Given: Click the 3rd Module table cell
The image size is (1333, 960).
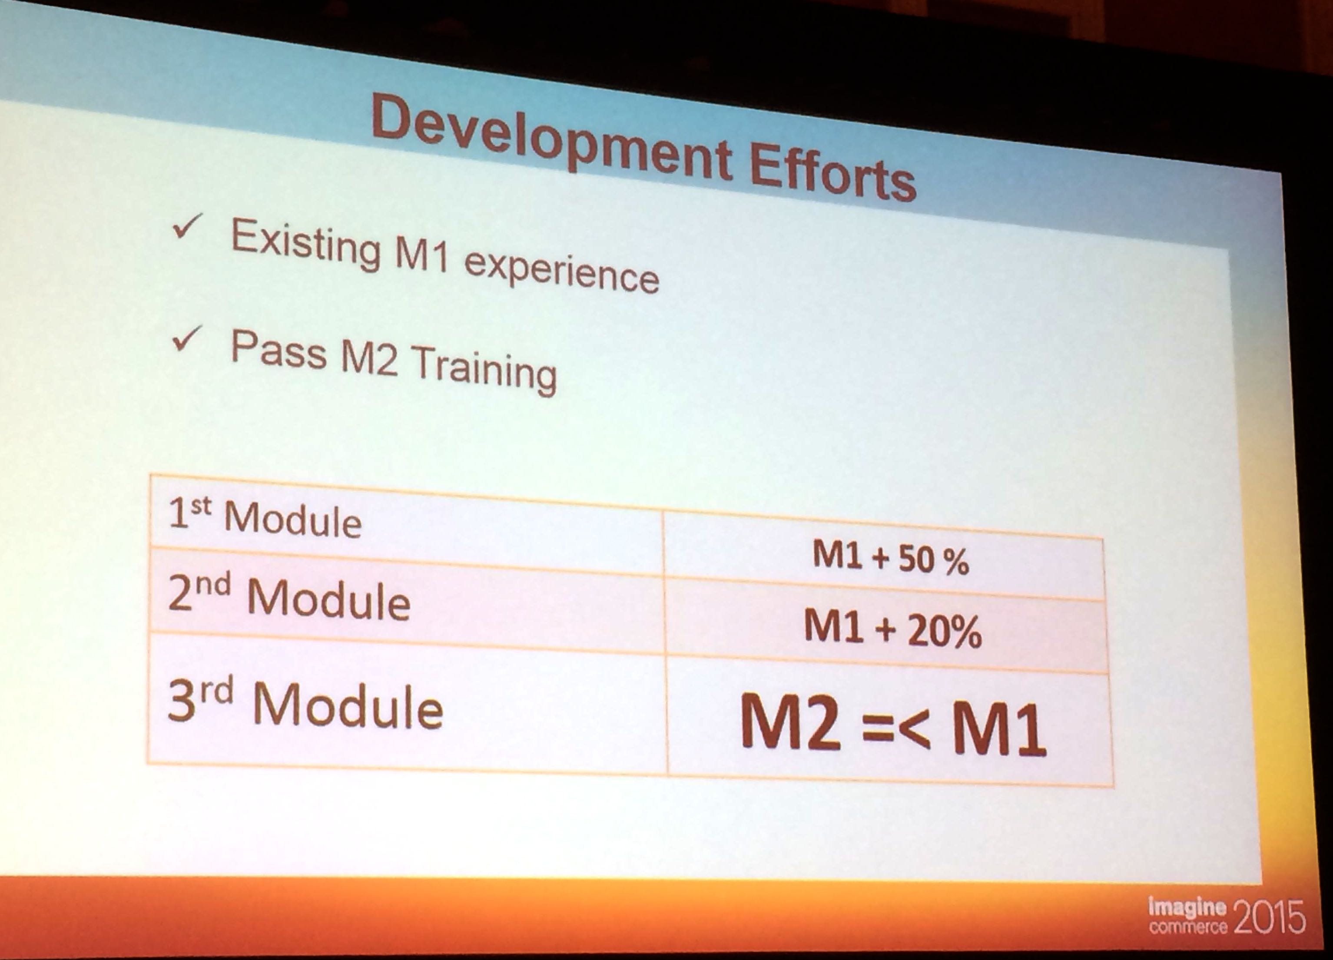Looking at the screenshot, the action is point(407,705).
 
